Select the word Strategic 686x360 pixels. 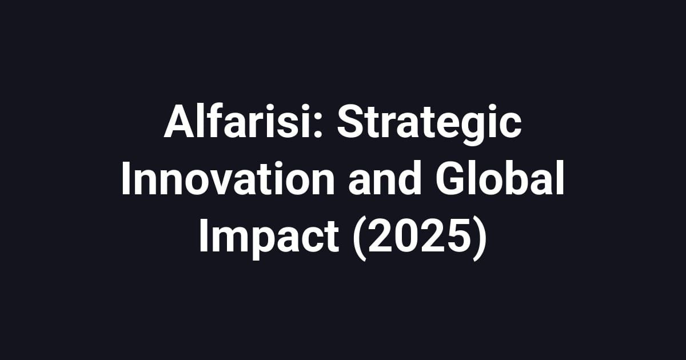pos(429,125)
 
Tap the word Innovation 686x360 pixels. pos(228,181)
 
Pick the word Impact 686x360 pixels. pos(269,237)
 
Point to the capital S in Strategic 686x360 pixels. pos(350,125)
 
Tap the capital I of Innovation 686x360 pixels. pos(127,181)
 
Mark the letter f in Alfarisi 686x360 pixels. pos(213,125)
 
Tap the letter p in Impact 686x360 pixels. pos(258,240)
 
